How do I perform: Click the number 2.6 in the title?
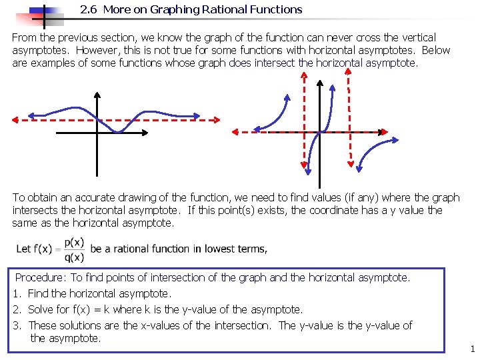[87, 10]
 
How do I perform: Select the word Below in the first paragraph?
[437, 51]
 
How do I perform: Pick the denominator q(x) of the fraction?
[74, 257]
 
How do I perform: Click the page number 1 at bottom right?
[471, 349]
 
